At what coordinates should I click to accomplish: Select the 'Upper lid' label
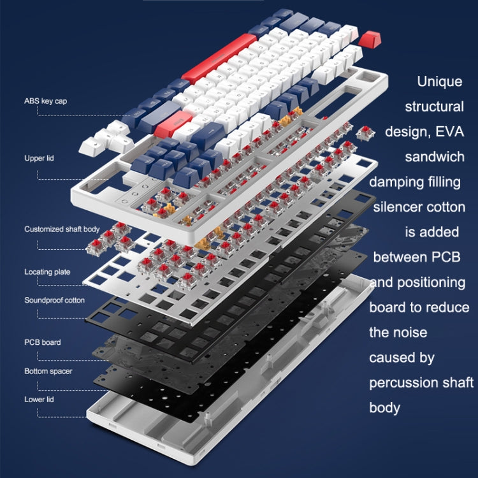tap(38, 157)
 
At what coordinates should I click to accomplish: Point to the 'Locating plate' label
tap(47, 272)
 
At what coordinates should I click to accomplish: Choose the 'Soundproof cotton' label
tap(54, 300)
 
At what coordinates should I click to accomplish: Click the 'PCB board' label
tap(43, 342)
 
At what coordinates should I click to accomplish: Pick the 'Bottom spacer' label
tap(48, 371)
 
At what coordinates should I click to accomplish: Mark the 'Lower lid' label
tap(40, 399)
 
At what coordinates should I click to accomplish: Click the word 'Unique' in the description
tap(440, 82)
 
